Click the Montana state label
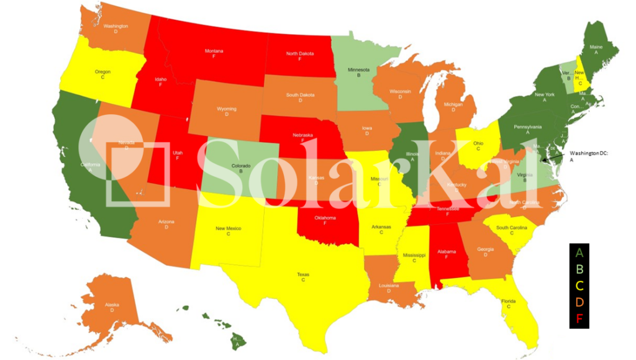tap(214, 51)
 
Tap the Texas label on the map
tap(303, 274)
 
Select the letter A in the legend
tap(579, 253)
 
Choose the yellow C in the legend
tap(579, 286)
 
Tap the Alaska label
tap(112, 305)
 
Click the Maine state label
tap(596, 47)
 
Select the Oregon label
tap(102, 72)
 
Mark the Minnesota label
tap(358, 70)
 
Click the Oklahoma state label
tap(324, 218)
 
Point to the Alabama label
tap(447, 252)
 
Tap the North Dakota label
tap(299, 54)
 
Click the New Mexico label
tap(228, 229)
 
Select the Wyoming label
tap(226, 109)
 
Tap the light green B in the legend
tap(579, 269)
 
